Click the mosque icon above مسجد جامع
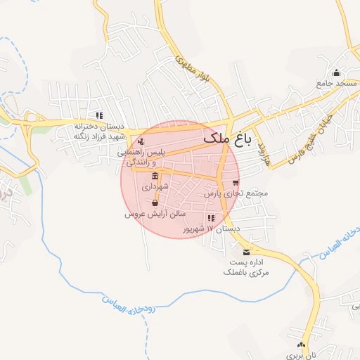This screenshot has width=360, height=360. (337, 72)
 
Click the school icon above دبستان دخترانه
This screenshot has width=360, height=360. (99, 115)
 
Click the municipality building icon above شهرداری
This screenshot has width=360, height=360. (155, 176)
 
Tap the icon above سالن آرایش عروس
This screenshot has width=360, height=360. (155, 202)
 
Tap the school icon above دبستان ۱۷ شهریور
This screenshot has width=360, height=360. (211, 218)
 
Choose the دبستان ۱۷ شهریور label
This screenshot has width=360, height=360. (211, 229)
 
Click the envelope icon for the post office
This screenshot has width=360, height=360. (246, 252)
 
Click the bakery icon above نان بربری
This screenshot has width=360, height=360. (302, 345)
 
